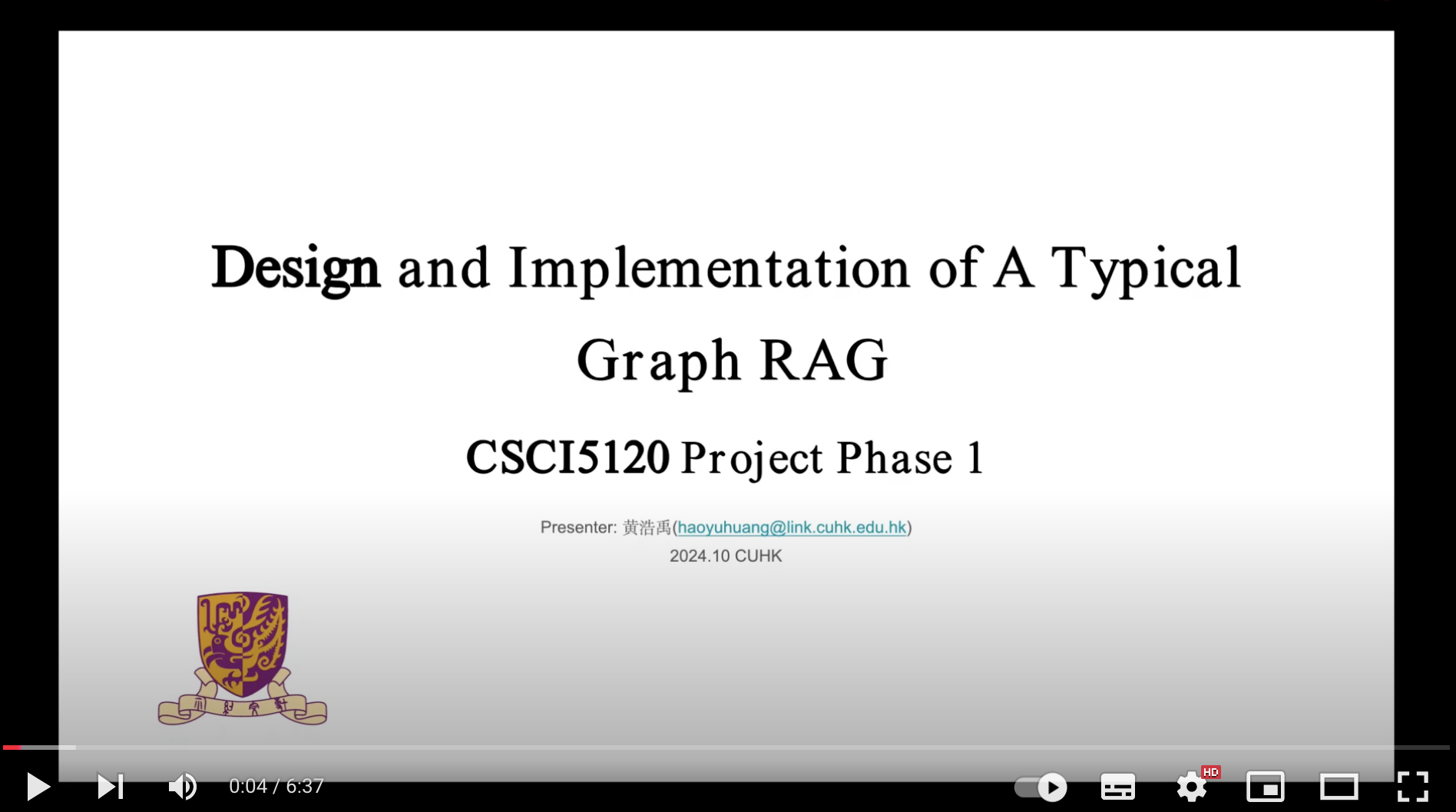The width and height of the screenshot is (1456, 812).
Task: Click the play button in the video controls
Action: tap(38, 787)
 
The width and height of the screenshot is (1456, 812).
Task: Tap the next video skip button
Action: tap(110, 787)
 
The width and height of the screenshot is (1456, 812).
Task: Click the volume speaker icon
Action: tap(183, 787)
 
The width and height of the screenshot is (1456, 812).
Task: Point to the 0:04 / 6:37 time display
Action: tap(276, 786)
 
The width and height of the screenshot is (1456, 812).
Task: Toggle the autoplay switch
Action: tap(1041, 787)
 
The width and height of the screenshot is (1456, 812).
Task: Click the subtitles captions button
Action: tap(1118, 787)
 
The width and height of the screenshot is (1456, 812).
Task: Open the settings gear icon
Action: tap(1191, 787)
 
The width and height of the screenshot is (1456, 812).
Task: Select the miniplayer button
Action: tap(1265, 787)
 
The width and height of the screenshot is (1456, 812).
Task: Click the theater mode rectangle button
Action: tap(1339, 787)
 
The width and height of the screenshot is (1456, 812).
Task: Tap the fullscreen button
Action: tap(1412, 787)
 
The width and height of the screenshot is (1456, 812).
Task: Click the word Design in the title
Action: tap(296, 269)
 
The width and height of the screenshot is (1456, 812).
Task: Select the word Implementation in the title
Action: tap(709, 269)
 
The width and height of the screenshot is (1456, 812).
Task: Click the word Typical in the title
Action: tap(1146, 269)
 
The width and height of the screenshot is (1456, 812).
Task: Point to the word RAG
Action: tap(824, 360)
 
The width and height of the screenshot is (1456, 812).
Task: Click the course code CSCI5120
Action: tap(568, 457)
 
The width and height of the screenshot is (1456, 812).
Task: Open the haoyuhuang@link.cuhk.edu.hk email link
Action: tap(792, 527)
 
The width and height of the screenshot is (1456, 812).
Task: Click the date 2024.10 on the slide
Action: tap(700, 556)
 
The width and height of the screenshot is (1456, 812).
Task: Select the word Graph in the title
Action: tap(659, 361)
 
